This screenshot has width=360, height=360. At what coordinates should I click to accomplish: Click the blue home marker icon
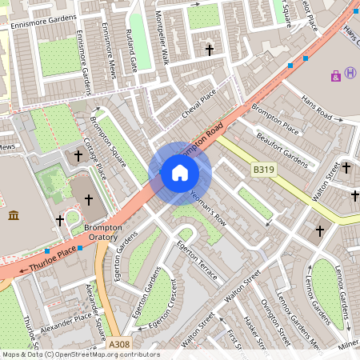click(x=180, y=173)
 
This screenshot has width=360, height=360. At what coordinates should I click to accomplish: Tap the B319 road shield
click(x=263, y=170)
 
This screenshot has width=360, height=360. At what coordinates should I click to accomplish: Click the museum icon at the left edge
click(x=14, y=215)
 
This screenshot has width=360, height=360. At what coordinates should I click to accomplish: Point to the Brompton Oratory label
click(x=102, y=233)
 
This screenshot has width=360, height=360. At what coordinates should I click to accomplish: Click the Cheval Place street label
click(x=199, y=105)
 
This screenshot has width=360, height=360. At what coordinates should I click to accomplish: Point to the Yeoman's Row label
click(x=206, y=206)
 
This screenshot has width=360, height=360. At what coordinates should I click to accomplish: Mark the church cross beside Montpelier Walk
click(x=210, y=50)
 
